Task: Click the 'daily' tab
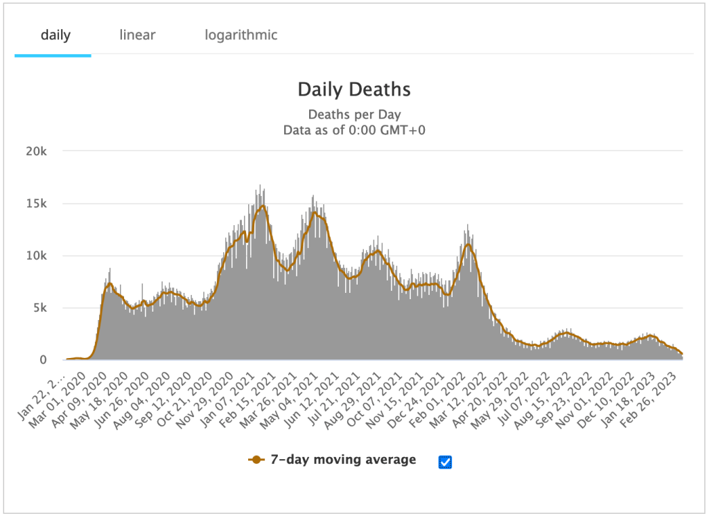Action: coord(55,35)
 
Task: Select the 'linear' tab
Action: coord(137,35)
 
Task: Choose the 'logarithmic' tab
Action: coord(240,35)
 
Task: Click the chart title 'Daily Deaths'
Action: coord(354,89)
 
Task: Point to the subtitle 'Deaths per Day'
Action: coord(354,114)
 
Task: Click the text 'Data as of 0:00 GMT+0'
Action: coord(354,129)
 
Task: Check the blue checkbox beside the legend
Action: coord(446,461)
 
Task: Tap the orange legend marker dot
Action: coord(256,459)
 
